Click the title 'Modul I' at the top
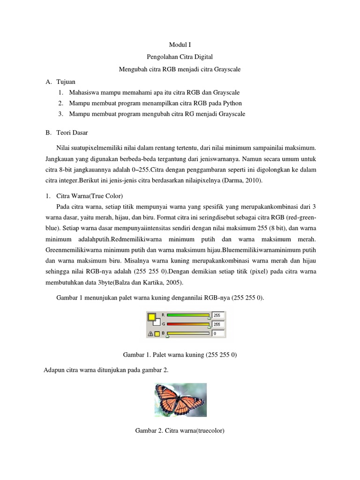click(x=180, y=45)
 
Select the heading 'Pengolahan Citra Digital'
click(x=180, y=57)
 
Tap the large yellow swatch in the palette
click(x=152, y=316)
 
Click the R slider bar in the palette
click(x=188, y=315)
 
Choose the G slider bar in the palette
click(x=188, y=324)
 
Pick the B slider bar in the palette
click(x=188, y=333)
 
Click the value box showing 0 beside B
click(x=218, y=333)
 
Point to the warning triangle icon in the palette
click(x=150, y=334)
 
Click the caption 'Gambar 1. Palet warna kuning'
click(x=180, y=355)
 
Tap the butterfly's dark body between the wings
click(x=179, y=398)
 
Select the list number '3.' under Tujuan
click(x=61, y=114)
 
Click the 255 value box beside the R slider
click(x=218, y=315)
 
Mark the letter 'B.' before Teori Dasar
click(x=48, y=133)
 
